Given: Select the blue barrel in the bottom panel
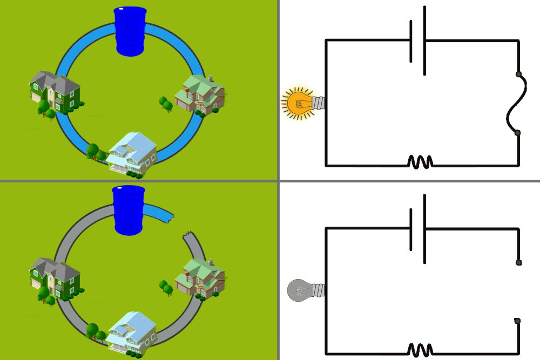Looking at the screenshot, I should click(x=130, y=210).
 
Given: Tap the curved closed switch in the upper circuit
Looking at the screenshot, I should click(x=513, y=103).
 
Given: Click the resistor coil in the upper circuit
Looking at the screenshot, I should click(x=420, y=161).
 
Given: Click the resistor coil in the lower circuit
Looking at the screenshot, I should click(x=420, y=349).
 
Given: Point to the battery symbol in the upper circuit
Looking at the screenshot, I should click(x=417, y=40).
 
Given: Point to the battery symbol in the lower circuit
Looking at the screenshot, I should click(x=417, y=228).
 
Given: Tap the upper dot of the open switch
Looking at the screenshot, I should click(x=518, y=262).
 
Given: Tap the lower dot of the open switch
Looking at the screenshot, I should click(x=517, y=321).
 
